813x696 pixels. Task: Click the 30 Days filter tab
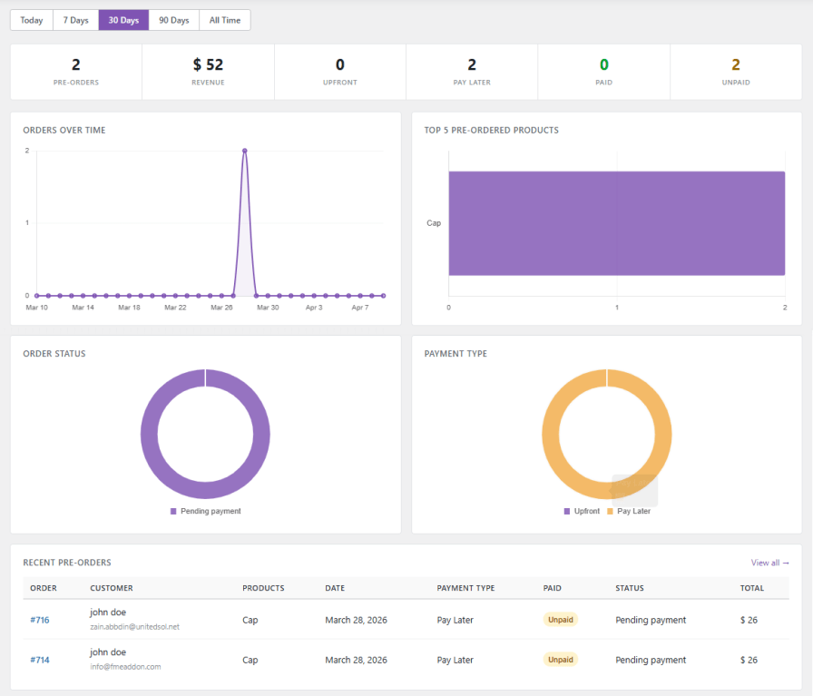click(123, 20)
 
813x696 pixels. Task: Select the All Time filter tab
click(224, 20)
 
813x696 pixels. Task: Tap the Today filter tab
click(32, 20)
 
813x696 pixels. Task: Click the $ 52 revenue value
click(208, 65)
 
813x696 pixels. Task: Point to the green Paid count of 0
click(603, 65)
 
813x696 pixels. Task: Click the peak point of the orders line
click(245, 151)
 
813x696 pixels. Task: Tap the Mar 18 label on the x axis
click(129, 308)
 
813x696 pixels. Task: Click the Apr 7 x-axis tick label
click(360, 308)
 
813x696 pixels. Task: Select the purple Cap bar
click(616, 223)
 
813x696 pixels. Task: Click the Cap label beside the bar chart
click(434, 223)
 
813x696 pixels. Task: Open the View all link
click(769, 563)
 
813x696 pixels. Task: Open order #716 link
click(40, 620)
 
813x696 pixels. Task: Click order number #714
click(40, 660)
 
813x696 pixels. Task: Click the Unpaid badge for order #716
click(561, 620)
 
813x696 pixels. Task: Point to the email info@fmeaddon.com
click(125, 667)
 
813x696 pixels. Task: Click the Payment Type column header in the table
click(465, 588)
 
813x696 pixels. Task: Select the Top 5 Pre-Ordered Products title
click(491, 131)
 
